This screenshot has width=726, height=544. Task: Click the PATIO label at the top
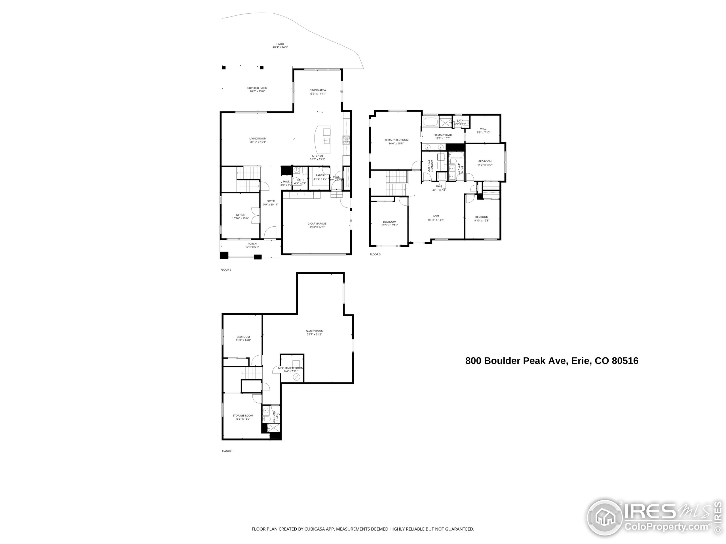point(280,44)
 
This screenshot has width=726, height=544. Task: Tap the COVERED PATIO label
point(257,88)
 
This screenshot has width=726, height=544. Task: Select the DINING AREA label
point(317,90)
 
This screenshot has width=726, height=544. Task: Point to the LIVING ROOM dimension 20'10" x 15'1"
point(258,142)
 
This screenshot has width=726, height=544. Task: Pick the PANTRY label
point(320,175)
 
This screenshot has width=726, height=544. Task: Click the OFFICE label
point(240,215)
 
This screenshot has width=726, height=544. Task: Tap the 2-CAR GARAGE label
point(317,224)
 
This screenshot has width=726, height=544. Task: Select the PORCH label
point(252,244)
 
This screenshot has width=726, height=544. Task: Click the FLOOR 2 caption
point(226,269)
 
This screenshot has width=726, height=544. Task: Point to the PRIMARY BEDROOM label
point(396,140)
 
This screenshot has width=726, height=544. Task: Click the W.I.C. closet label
point(483,129)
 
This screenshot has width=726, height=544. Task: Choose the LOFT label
point(436,216)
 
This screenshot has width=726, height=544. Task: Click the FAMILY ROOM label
point(314,331)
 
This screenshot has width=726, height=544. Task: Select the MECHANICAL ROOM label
point(290,368)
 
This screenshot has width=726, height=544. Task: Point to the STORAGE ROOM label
point(242,415)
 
